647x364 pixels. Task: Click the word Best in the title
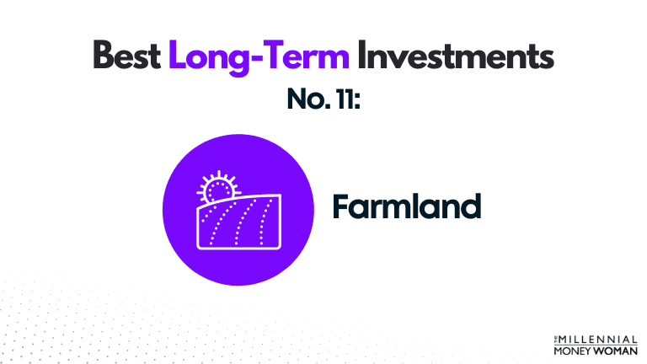point(127,56)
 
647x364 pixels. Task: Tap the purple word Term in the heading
point(305,56)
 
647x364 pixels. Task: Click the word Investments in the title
point(456,56)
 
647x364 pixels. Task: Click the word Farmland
point(406,206)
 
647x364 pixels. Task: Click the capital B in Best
point(103,56)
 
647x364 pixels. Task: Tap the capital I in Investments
point(362,56)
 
